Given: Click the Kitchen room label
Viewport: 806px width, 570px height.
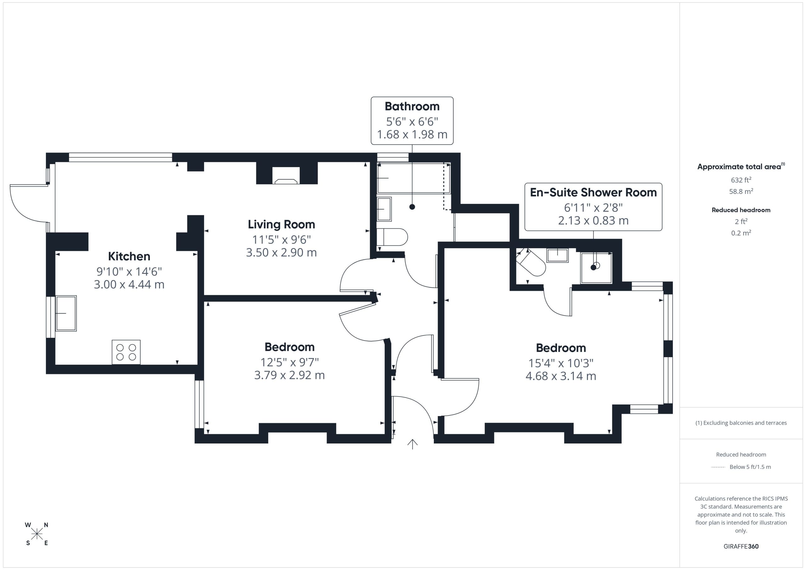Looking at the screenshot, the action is (129, 256).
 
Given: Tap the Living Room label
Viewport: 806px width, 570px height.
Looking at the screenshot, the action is (281, 224).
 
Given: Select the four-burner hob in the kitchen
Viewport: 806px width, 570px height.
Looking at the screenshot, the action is (126, 352).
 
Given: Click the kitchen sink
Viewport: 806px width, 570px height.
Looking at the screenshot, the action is (66, 313).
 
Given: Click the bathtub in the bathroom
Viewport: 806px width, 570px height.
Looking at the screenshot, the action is (413, 178).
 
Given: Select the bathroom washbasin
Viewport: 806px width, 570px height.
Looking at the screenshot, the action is (384, 209).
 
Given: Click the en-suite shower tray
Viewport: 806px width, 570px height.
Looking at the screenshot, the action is (596, 268).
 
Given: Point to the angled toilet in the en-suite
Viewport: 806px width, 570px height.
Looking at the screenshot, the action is (531, 262).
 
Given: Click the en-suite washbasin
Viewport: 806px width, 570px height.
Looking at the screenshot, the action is (558, 255).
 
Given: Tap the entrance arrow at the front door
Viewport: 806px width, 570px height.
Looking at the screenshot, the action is (412, 444).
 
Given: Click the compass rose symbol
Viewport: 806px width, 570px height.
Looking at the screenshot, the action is (37, 534).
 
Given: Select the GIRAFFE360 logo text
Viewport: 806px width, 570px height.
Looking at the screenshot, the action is (741, 546).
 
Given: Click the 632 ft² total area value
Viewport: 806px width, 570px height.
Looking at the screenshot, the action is (741, 180).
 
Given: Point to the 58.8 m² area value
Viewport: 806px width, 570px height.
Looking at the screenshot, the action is (741, 191).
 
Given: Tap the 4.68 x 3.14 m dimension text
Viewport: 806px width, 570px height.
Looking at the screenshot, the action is (561, 376).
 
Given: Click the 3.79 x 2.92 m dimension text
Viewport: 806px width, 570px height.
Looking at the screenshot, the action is (290, 375).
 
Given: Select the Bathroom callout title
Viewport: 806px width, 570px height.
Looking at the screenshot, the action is (412, 106).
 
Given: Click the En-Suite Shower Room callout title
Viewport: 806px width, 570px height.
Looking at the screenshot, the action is (593, 192).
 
